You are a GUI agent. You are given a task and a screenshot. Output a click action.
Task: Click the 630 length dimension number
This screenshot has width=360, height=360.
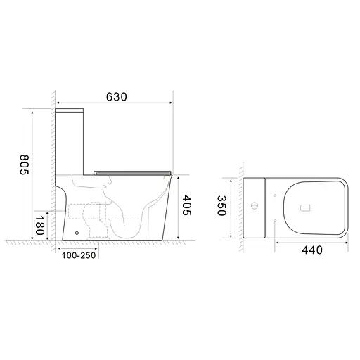tap(117, 97)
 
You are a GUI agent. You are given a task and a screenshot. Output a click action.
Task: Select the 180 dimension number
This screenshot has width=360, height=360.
tap(40, 226)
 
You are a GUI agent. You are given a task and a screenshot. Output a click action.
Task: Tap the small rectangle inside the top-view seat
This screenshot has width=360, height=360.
tap(304, 208)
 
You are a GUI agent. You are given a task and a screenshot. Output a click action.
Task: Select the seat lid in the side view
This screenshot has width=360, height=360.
tap(134, 169)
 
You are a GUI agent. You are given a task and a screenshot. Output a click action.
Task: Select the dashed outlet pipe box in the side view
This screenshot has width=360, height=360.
tap(86, 212)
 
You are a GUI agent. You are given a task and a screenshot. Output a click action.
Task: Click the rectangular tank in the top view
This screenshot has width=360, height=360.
tap(255, 208)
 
